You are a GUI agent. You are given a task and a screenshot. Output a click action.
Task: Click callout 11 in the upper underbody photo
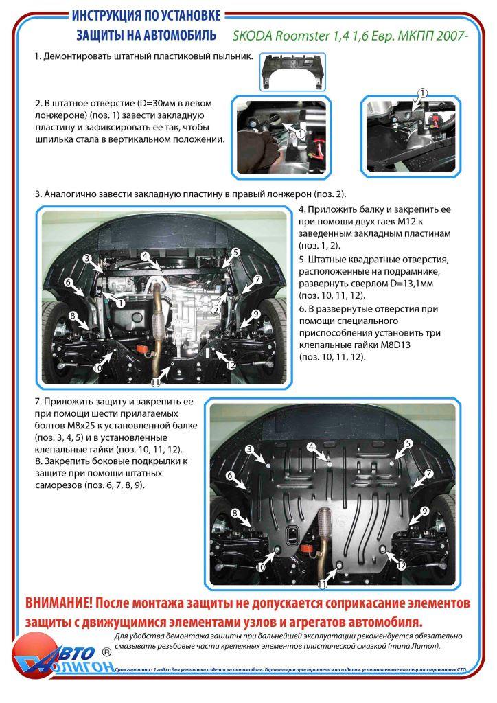155,382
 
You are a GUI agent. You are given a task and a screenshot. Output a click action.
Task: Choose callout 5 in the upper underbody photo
235,253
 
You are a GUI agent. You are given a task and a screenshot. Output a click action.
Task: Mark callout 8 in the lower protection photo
235,513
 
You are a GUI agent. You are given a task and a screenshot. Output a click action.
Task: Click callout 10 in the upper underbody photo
97,368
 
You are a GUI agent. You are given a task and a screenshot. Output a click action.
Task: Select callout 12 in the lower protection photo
402,564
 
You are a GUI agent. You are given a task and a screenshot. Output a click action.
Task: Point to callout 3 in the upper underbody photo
87,258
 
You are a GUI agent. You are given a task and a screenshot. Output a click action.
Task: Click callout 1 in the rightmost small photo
423,93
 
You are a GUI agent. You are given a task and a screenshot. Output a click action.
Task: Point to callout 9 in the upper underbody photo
255,314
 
